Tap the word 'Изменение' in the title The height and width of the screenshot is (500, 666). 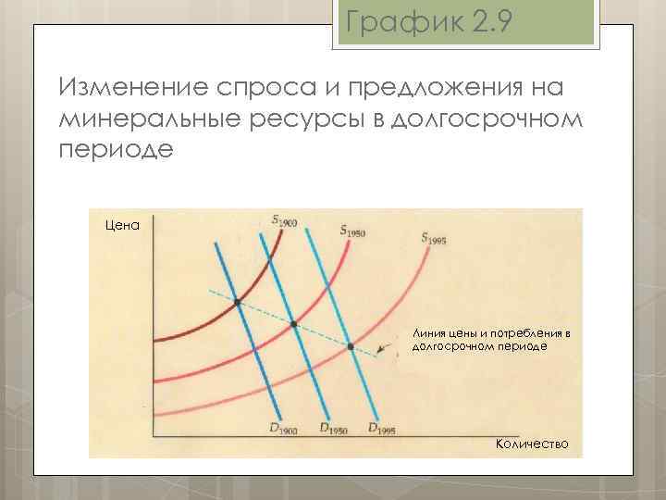click(x=132, y=89)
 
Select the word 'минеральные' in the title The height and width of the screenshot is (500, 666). click(x=153, y=119)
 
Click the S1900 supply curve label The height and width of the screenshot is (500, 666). click(x=285, y=219)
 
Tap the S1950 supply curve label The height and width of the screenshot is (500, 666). click(x=352, y=230)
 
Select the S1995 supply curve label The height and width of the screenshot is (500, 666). click(x=434, y=238)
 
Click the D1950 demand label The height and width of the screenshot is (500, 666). click(x=332, y=428)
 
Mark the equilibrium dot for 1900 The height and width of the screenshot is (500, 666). click(x=238, y=303)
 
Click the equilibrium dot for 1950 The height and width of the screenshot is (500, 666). click(x=294, y=324)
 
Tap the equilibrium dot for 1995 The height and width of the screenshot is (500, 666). click(x=351, y=346)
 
